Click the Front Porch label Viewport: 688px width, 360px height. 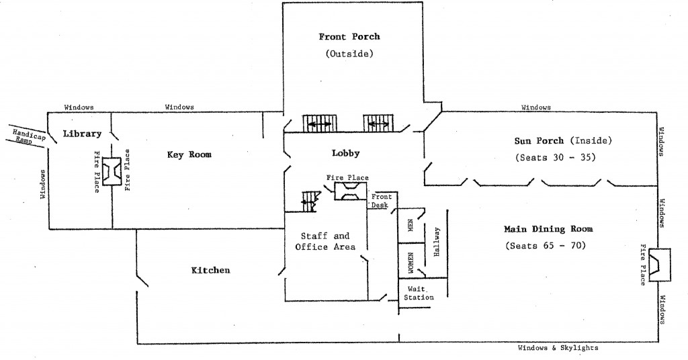coord(349,36)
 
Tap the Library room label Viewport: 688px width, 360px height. coord(82,134)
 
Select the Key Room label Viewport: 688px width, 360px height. coord(189,154)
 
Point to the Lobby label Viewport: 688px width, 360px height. coord(346,153)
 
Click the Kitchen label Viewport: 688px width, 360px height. coord(210,270)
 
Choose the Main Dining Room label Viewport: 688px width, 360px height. coord(548,229)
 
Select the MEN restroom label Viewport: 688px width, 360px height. coord(411,226)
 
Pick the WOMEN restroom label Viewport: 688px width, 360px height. coord(411,263)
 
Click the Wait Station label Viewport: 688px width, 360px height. coord(419,293)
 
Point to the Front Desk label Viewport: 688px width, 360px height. coord(380,201)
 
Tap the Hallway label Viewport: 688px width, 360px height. coord(436,242)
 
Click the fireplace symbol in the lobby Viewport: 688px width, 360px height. coord(351,191)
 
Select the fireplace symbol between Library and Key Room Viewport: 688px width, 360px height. coord(112,171)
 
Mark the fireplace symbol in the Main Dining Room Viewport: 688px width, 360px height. coord(660,265)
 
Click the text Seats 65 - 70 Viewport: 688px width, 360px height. coord(546,246)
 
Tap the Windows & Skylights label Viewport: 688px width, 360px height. coord(558,348)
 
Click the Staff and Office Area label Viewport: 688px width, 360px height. coord(325,242)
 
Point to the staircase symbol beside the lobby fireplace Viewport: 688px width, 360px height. coord(309,201)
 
